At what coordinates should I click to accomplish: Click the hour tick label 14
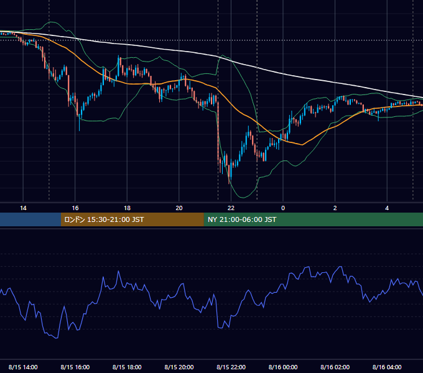pos(23,208)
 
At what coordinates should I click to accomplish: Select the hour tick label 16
pos(75,208)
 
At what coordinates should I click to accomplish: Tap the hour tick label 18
pos(127,208)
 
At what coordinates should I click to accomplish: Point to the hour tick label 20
pos(179,208)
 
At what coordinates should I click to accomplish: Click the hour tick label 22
pos(231,208)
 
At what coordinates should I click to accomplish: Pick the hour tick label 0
pos(283,208)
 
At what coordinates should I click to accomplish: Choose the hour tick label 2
pos(335,208)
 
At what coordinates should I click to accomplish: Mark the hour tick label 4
pos(387,208)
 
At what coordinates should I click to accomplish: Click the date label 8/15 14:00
pos(23,367)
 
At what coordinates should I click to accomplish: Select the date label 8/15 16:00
pos(75,367)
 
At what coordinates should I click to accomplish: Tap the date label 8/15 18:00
pos(127,367)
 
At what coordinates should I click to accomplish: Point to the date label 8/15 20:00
pos(179,367)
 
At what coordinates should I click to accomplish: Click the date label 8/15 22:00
pos(231,367)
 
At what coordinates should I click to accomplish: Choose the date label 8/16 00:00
pos(283,367)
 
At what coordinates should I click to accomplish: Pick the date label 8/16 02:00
pos(335,367)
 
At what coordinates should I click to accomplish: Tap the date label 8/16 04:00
pos(387,367)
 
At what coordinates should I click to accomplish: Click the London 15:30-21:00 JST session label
pos(104,219)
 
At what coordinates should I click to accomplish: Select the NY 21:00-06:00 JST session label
pos(242,219)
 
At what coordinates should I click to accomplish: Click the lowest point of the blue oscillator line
pos(57,338)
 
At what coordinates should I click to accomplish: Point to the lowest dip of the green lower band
pos(243,198)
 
